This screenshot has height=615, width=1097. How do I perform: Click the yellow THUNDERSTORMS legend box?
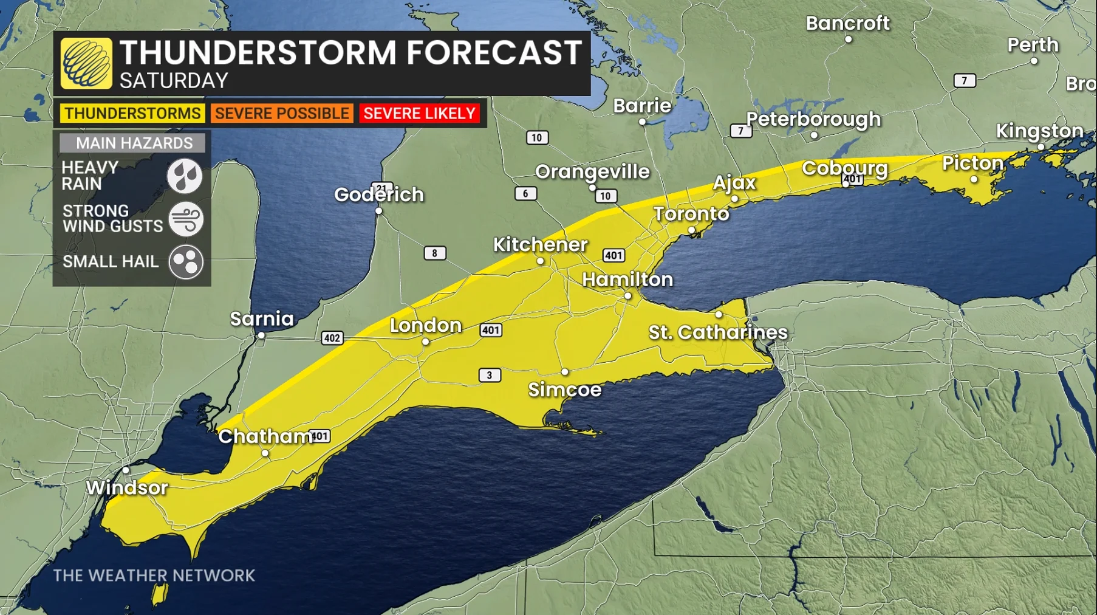point(132,114)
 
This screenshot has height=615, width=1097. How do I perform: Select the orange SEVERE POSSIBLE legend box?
point(282,114)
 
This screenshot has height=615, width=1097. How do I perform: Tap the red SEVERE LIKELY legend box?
point(419,114)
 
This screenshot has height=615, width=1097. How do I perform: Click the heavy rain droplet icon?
point(185,176)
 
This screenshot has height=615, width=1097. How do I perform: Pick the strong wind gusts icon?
point(185,219)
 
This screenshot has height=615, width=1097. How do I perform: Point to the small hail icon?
point(185,262)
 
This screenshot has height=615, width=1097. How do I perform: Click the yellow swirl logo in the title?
point(86,63)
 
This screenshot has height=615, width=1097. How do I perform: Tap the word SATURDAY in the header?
point(174,81)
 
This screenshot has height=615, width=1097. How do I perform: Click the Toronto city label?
point(691,214)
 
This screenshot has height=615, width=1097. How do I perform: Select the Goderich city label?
point(379,194)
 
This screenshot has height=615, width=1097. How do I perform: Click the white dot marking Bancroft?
point(849,40)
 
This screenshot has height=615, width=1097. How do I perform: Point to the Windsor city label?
point(126,487)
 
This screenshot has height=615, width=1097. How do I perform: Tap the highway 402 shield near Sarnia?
point(332,338)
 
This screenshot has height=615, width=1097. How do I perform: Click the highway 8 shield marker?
point(434,253)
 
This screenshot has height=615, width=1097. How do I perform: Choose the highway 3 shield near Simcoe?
point(490,375)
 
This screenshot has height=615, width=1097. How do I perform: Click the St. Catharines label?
point(718,332)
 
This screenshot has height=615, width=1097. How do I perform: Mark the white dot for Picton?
point(974,179)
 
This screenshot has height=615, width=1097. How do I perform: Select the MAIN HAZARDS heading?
point(134,143)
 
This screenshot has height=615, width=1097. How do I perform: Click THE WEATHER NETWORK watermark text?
point(154,575)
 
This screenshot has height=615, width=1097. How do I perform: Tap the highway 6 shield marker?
point(525,193)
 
